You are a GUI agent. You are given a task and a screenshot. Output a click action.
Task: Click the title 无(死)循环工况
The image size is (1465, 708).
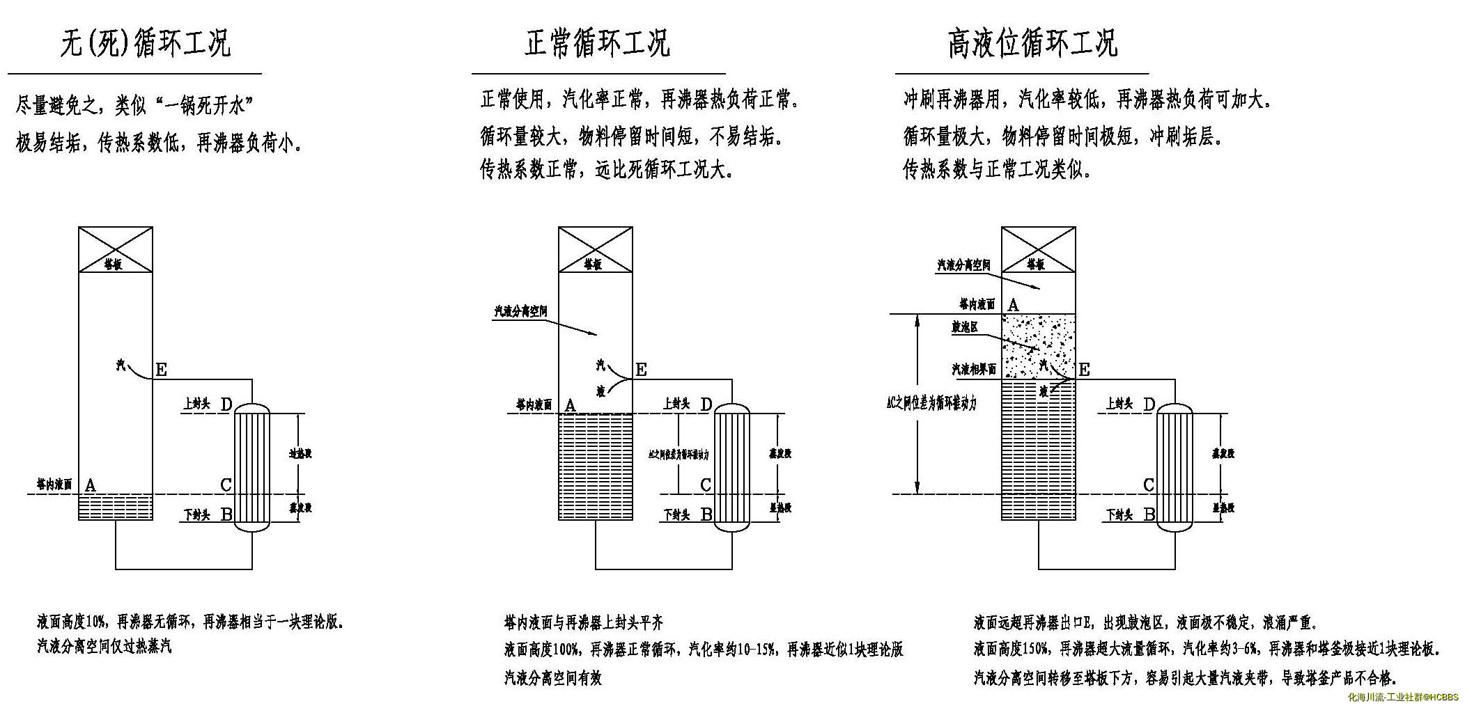pos(145,43)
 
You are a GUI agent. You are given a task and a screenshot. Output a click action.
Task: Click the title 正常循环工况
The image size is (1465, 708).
pos(597,43)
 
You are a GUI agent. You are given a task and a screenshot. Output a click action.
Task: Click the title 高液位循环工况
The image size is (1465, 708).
pos(1032,43)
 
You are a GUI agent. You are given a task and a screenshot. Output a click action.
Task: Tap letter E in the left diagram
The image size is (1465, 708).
pos(161,370)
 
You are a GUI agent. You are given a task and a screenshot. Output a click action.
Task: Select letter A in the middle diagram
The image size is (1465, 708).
pos(571,405)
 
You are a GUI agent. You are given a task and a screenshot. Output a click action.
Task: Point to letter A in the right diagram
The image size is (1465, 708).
pos(1014,304)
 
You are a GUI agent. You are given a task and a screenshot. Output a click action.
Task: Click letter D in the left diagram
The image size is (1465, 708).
pos(226,404)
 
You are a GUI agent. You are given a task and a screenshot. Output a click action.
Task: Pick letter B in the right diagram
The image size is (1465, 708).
pos(1149,515)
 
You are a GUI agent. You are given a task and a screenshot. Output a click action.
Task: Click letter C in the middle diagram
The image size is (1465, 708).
pos(706,485)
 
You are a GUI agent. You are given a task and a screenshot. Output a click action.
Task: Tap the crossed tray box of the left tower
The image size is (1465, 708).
pos(115,249)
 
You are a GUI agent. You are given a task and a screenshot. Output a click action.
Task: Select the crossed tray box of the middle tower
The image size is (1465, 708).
pos(596,249)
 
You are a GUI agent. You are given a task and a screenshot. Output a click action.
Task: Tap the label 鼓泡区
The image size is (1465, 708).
pos(966,327)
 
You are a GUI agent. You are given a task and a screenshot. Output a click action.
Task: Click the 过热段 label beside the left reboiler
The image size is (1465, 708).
pos(300,454)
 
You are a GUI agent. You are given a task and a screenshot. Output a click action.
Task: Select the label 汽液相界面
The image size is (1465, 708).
pos(974,369)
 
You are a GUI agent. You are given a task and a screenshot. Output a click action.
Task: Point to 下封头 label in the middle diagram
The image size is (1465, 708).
pos(676,515)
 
